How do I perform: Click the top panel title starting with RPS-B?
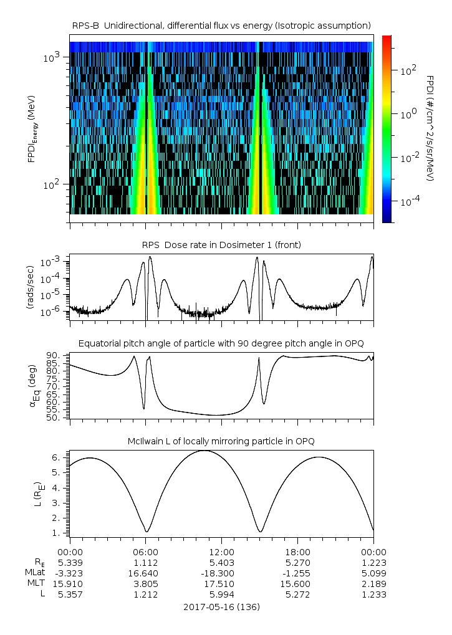pyautogui.click(x=221, y=25)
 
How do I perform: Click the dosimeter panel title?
pyautogui.click(x=221, y=245)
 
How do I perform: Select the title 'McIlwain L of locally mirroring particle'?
pyautogui.click(x=221, y=441)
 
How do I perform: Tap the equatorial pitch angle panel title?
pyautogui.click(x=221, y=343)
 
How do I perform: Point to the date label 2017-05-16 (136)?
pyautogui.click(x=221, y=606)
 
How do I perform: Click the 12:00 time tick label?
pyautogui.click(x=221, y=551)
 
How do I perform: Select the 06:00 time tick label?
pyautogui.click(x=145, y=551)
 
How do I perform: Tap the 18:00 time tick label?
pyautogui.click(x=297, y=551)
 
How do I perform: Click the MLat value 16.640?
pyautogui.click(x=145, y=573)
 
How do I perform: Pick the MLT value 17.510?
pyautogui.click(x=221, y=583)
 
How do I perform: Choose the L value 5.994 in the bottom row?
pyautogui.click(x=221, y=594)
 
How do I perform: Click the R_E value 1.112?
pyautogui.click(x=145, y=562)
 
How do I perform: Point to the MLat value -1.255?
pyautogui.click(x=297, y=573)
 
